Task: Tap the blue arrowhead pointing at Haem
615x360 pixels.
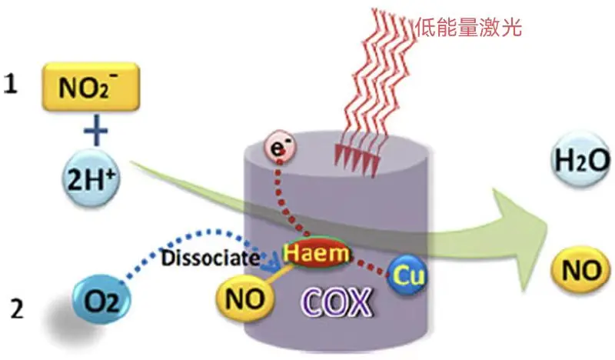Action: click(271, 265)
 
